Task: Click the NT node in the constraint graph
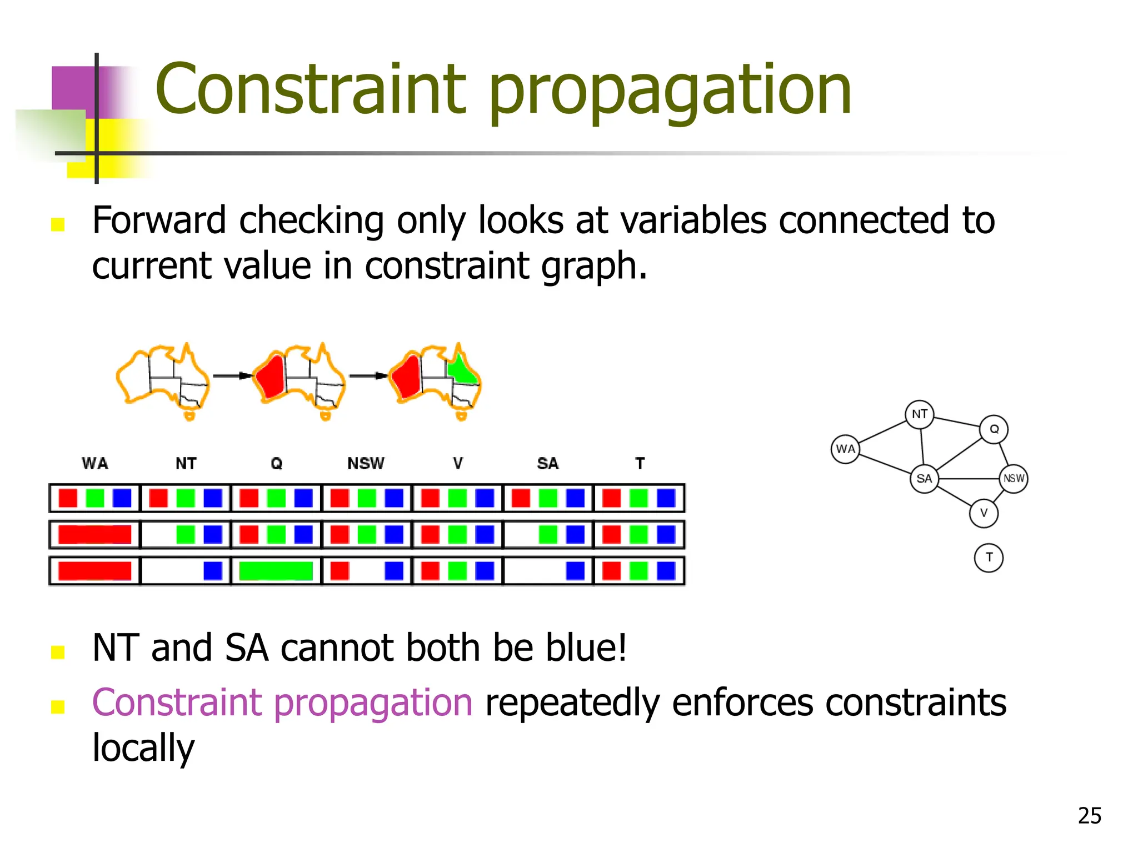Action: click(x=919, y=414)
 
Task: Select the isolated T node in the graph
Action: click(x=989, y=558)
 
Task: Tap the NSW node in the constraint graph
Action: click(x=1013, y=478)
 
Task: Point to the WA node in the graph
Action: click(x=845, y=449)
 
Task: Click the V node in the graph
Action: click(x=983, y=513)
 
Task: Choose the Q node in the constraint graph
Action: click(x=994, y=429)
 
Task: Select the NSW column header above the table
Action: click(x=366, y=463)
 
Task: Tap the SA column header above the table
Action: click(x=547, y=463)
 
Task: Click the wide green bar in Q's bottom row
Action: click(x=276, y=571)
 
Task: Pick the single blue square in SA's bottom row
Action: click(x=575, y=571)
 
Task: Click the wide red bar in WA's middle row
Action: click(x=94, y=534)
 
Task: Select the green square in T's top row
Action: click(x=638, y=498)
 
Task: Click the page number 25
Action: click(x=1089, y=816)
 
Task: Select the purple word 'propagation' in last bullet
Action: click(x=373, y=703)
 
